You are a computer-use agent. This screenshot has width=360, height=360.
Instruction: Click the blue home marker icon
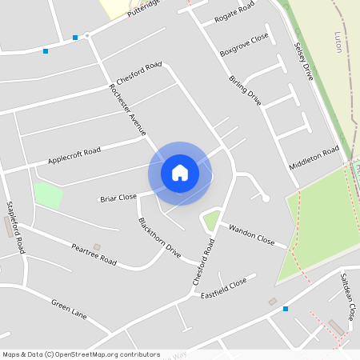(180, 173)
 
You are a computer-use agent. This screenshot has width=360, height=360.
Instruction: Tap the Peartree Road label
(94, 255)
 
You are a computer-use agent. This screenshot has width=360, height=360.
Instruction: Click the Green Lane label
(69, 308)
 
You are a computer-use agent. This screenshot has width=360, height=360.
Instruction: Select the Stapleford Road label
(15, 227)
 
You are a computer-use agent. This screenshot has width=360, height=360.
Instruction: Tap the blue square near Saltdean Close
(285, 308)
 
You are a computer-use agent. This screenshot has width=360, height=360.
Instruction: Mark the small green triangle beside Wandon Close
(210, 219)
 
